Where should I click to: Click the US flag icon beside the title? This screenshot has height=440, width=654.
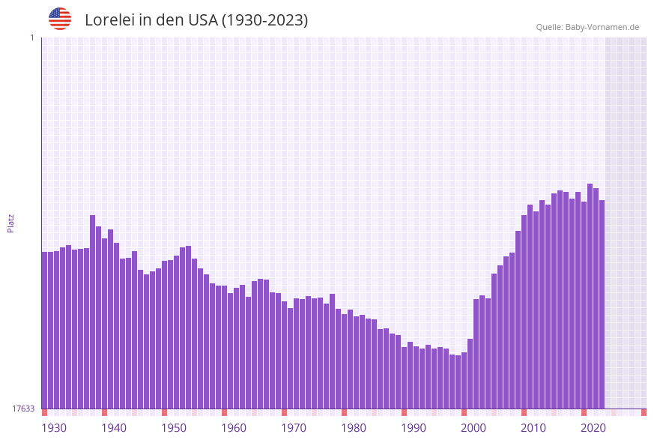pyautogui.click(x=60, y=19)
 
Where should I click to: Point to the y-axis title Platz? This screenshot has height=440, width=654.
pyautogui.click(x=11, y=223)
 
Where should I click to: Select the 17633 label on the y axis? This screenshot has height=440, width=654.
pyautogui.click(x=23, y=409)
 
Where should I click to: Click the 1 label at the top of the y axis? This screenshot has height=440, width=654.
pyautogui.click(x=31, y=37)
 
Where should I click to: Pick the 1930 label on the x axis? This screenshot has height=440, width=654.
pyautogui.click(x=54, y=428)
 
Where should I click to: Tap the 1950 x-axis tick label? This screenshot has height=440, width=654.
pyautogui.click(x=174, y=428)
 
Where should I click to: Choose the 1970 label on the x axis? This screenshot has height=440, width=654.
pyautogui.click(x=294, y=428)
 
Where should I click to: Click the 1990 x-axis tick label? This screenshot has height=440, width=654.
pyautogui.click(x=414, y=428)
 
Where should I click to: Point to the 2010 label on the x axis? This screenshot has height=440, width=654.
pyautogui.click(x=533, y=428)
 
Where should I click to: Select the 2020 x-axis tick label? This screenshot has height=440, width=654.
pyautogui.click(x=593, y=428)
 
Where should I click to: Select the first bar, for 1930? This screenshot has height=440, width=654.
pyautogui.click(x=45, y=330)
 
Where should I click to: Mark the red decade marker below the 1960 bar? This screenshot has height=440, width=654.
pyautogui.click(x=225, y=412)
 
